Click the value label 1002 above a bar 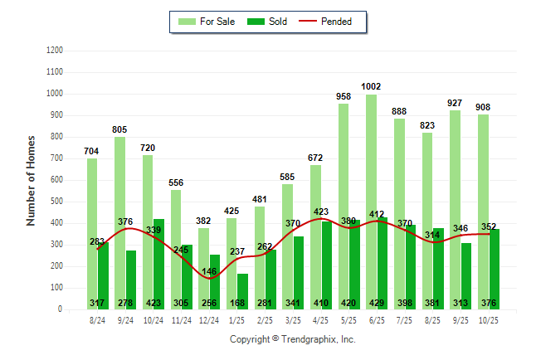(371, 86)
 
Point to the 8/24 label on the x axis (97, 319)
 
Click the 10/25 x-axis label (488, 319)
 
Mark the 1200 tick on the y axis (54, 51)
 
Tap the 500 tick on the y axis (56, 202)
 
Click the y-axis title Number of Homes (31, 180)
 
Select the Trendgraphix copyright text (292, 339)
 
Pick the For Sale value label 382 (203, 221)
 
